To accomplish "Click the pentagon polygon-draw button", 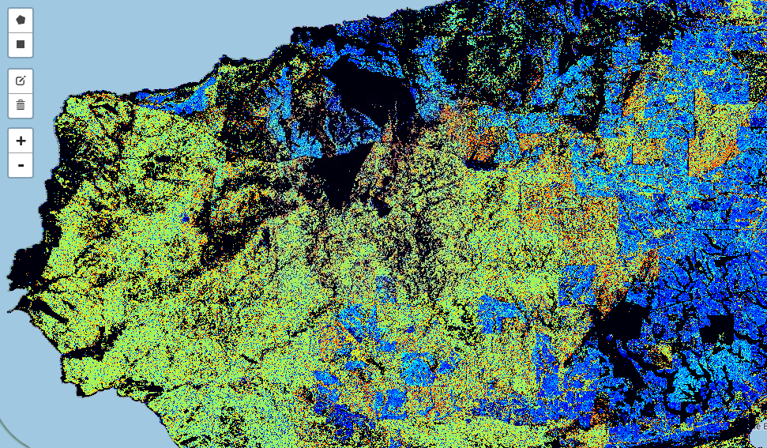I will click(x=21, y=20).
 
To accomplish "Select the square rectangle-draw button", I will click(x=21, y=44).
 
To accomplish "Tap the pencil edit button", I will click(x=21, y=81).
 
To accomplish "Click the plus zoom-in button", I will click(x=21, y=141).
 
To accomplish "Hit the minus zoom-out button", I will click(x=21, y=165).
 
